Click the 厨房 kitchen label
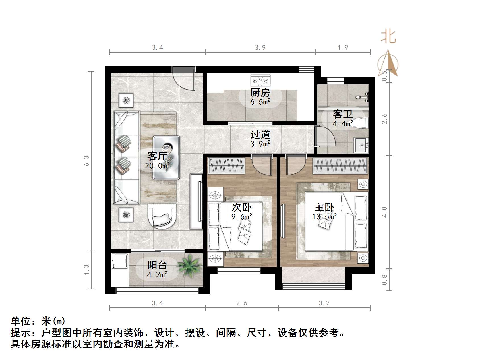tap(260, 93)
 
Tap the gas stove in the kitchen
tap(260, 80)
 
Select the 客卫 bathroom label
tap(343, 114)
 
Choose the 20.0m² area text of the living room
tap(157, 165)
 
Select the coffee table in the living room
tap(166, 157)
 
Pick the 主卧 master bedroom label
tap(324, 207)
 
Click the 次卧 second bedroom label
tap(241, 207)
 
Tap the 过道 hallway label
tap(260, 135)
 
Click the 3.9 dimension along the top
tap(260, 47)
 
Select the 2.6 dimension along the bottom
tap(241, 303)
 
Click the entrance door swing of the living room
tap(184, 81)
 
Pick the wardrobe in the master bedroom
tap(340, 166)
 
